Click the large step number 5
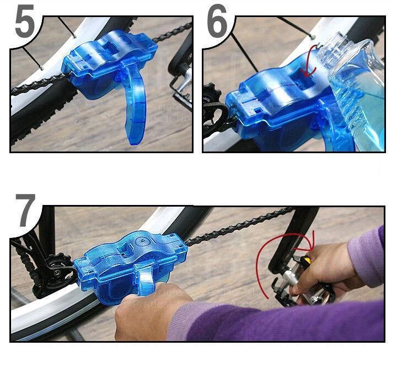click(x=25, y=21)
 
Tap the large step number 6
click(x=217, y=21)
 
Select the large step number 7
click(x=25, y=210)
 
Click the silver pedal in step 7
click(x=299, y=283)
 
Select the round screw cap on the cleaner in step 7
click(x=141, y=240)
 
